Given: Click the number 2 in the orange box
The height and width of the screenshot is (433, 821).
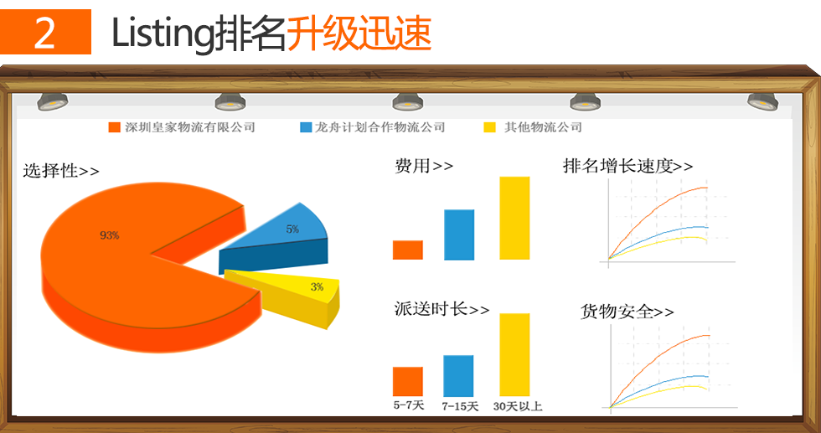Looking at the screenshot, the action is point(44,33).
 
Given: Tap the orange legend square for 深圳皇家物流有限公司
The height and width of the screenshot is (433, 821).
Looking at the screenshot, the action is point(114,127).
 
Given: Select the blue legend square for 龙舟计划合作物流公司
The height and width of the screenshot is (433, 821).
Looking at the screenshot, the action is point(306,127).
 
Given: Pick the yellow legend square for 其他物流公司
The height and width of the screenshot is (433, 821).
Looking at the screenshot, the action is point(489,127).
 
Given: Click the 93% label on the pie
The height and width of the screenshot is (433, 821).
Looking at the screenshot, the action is point(110,235).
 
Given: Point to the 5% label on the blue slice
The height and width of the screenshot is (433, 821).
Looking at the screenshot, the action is point(292,229).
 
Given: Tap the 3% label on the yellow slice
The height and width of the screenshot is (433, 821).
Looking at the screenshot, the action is point(317,287).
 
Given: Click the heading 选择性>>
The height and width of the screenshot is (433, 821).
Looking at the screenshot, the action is point(60,171).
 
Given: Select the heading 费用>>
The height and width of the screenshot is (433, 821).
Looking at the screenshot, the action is point(424,166).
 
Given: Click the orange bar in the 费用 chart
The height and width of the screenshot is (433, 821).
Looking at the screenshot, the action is point(408,250).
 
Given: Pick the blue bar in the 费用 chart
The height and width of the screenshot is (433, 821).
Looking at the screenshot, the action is point(459,235).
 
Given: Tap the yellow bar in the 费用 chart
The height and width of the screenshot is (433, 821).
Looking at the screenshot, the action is point(514,218).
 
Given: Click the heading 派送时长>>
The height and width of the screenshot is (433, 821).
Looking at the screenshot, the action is point(442,309).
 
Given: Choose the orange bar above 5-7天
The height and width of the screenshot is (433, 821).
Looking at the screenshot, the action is point(408,382).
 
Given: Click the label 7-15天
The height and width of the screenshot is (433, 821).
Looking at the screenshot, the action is point(460,406).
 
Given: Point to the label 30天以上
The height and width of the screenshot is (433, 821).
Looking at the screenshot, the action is point(518,406).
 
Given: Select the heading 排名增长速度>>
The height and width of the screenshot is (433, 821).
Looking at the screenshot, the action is point(627,166).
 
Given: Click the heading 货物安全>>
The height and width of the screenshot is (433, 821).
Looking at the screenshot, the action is point(627,312).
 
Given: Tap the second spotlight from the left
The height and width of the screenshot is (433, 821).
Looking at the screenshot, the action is point(230,101).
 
